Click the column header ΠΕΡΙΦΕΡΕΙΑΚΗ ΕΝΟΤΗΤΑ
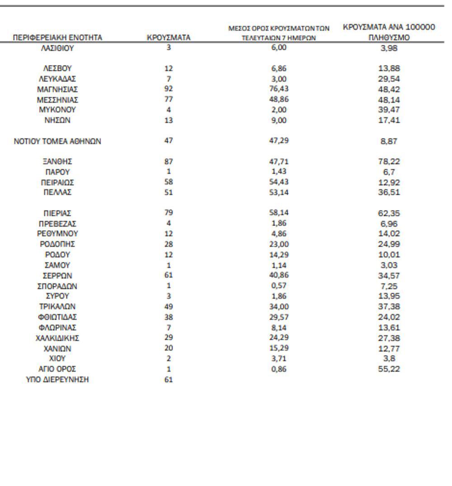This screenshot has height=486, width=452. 57,38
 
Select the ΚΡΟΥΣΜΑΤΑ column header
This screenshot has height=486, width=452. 169,38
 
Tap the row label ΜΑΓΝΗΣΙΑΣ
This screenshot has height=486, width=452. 57,89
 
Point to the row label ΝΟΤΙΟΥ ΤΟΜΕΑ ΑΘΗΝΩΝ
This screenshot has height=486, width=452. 57,141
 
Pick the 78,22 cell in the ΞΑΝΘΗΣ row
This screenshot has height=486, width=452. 389,162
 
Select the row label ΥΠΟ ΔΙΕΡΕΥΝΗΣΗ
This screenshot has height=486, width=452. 57,380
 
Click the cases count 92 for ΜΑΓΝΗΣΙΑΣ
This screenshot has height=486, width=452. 169,89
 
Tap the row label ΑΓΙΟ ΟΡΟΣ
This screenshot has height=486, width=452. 57,369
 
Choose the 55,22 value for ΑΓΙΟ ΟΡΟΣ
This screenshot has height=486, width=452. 389,369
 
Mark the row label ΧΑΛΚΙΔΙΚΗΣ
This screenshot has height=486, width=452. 57,338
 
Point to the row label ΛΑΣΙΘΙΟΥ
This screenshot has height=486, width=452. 57,48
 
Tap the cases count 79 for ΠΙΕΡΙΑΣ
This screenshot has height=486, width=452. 169,213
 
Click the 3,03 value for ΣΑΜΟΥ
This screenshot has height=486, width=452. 389,265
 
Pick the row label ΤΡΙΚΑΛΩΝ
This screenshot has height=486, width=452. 57,307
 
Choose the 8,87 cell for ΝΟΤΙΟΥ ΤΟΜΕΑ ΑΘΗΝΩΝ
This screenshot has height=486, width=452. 389,141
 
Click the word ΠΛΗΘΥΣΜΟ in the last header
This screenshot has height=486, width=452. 389,38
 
